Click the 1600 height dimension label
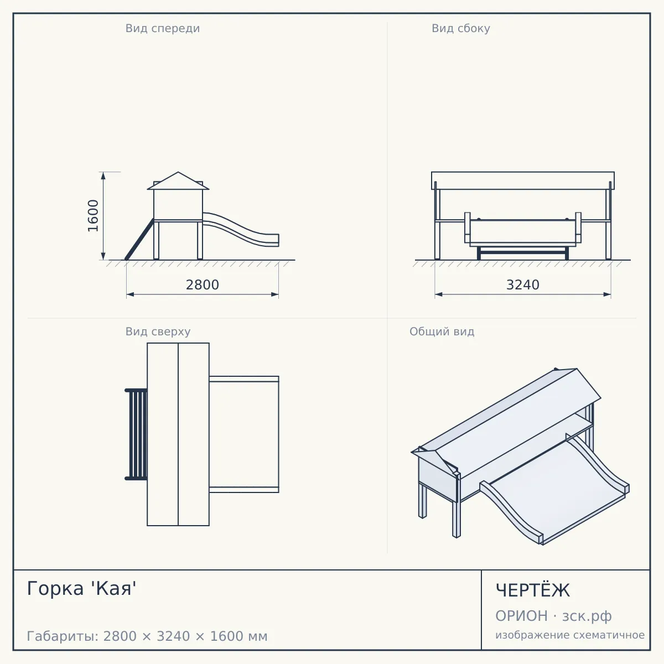[x=93, y=216]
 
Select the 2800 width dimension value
[x=203, y=285]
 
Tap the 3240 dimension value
[x=522, y=285]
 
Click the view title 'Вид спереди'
[x=162, y=29]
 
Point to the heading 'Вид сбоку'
[x=461, y=29]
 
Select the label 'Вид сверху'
[x=158, y=332]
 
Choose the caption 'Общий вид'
[x=442, y=331]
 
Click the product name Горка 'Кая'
[x=82, y=588]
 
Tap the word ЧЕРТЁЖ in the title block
[x=532, y=590]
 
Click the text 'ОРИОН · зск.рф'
[x=553, y=616]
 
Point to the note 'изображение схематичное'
[x=570, y=635]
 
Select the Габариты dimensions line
[x=147, y=636]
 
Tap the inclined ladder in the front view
[x=139, y=239]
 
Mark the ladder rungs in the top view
[x=136, y=434]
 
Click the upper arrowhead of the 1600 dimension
[x=103, y=175]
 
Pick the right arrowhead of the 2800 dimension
[x=274, y=294]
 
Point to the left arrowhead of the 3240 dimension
[x=439, y=294]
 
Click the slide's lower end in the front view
[x=274, y=240]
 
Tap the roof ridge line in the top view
[x=178, y=434]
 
